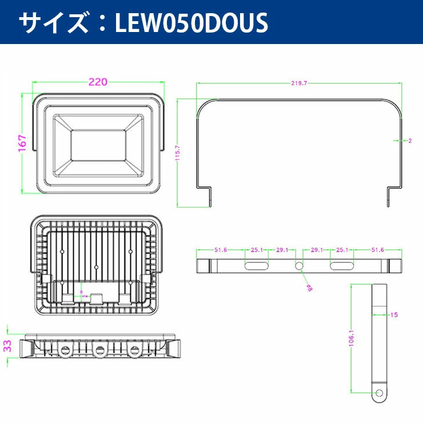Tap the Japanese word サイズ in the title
tap(51, 22)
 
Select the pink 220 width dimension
tap(98, 82)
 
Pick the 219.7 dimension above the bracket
tap(299, 83)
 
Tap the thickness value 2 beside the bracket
tap(410, 140)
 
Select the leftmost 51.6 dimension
tap(221, 250)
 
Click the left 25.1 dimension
tap(257, 250)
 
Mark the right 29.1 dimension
tap(318, 250)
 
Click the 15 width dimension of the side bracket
tap(394, 314)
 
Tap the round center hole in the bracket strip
tap(299, 266)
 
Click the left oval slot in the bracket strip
tap(257, 266)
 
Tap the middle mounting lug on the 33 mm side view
tap(100, 350)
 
